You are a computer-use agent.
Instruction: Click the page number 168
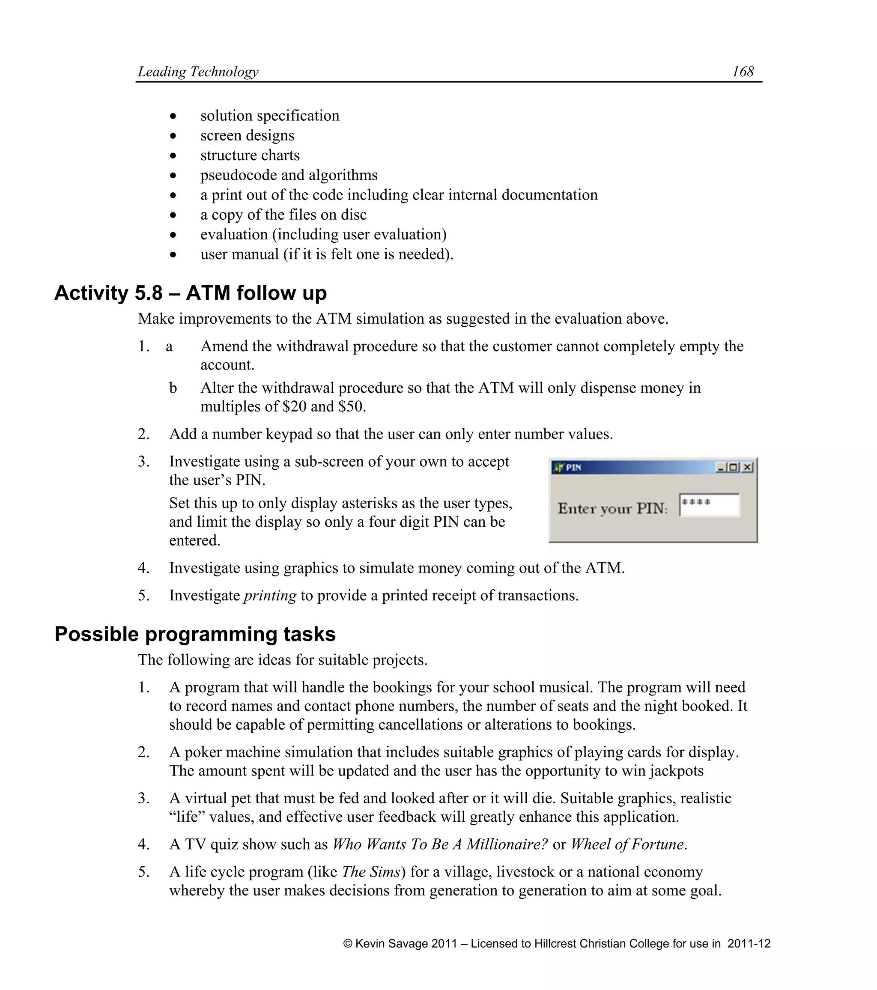click(x=743, y=72)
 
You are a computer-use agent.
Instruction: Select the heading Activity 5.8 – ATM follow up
click(x=190, y=293)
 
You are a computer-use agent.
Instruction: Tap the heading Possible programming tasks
click(x=195, y=634)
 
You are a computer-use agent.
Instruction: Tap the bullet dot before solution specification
click(x=173, y=116)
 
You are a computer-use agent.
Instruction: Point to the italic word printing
click(x=270, y=595)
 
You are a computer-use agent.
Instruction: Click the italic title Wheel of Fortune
click(x=627, y=844)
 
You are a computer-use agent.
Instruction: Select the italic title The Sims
click(x=371, y=872)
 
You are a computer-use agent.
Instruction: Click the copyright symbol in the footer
click(x=348, y=943)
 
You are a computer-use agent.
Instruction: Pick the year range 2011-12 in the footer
click(x=749, y=943)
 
